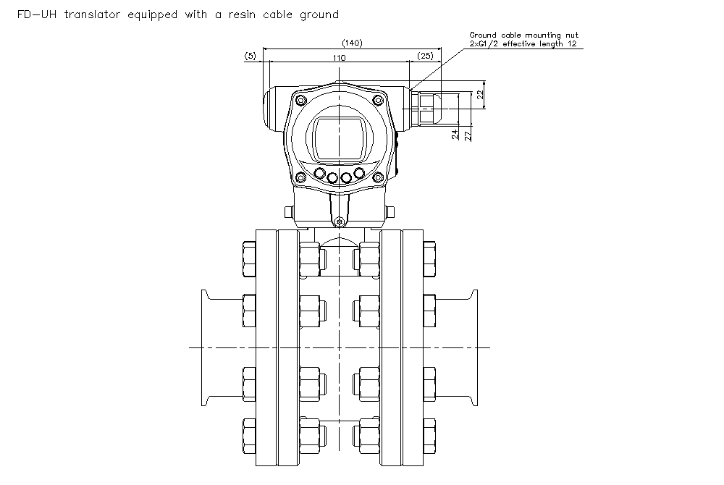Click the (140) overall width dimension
click(x=352, y=43)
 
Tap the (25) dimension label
click(x=426, y=55)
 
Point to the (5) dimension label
click(x=251, y=55)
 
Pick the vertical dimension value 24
click(x=454, y=134)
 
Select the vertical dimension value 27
click(x=468, y=134)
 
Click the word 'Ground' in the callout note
click(x=482, y=35)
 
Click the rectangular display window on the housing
click(x=338, y=139)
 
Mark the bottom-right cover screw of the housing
click(x=377, y=177)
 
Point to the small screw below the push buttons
click(x=339, y=221)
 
